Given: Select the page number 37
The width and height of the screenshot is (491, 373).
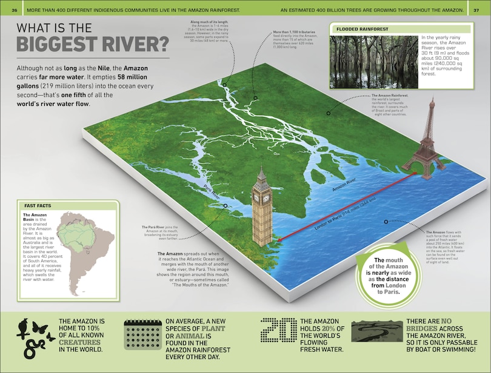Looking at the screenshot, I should pyautogui.click(x=476, y=10).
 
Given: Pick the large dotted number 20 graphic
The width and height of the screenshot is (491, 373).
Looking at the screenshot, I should pyautogui.click(x=278, y=334).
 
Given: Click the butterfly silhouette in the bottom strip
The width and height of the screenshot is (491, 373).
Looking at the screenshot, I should pyautogui.click(x=39, y=328).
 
